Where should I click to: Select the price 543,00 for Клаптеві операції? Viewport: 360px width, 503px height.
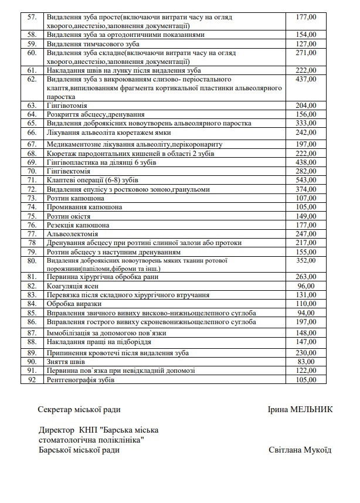coord(307,180)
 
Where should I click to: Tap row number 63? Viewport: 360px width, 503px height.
coord(32,106)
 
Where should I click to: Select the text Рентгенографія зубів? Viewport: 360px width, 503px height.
coord(81,380)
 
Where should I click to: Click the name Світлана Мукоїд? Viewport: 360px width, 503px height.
coord(300,450)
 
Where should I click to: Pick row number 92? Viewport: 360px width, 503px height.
coord(32,380)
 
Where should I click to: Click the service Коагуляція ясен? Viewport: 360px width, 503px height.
coord(71,286)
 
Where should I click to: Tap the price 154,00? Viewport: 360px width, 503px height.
coord(307,35)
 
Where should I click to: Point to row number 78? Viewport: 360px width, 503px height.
coord(32,242)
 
